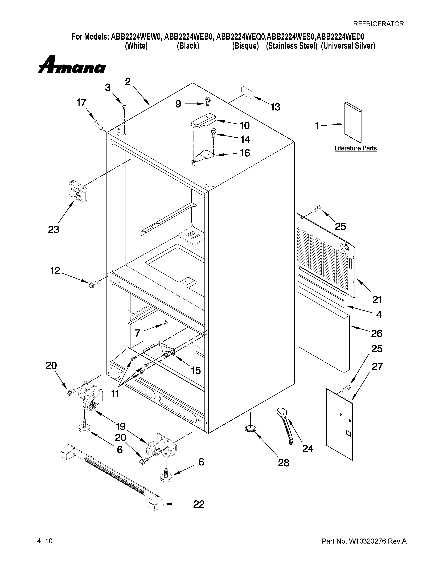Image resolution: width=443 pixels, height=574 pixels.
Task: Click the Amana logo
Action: tap(72, 65)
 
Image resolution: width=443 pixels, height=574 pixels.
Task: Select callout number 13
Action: tap(275, 107)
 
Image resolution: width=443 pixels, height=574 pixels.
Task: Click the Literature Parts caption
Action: tap(355, 148)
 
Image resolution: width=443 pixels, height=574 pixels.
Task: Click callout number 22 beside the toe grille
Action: tap(199, 504)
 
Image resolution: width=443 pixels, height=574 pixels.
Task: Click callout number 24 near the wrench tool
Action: tap(307, 448)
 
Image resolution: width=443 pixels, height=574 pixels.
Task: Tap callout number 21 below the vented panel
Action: tap(377, 299)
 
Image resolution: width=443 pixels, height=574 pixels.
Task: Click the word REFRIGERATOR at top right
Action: tap(378, 24)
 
